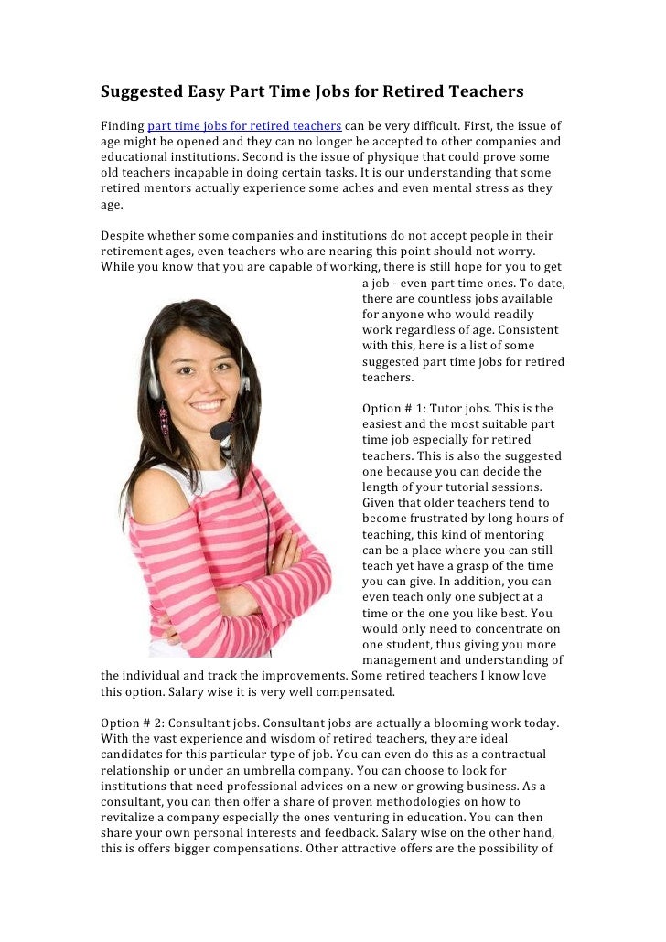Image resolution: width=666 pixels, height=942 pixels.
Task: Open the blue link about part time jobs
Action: [244, 125]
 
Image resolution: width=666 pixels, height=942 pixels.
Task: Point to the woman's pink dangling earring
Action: [165, 424]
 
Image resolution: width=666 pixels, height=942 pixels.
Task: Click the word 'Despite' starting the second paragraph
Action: [123, 236]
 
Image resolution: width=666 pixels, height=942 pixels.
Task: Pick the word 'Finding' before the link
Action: [122, 125]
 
